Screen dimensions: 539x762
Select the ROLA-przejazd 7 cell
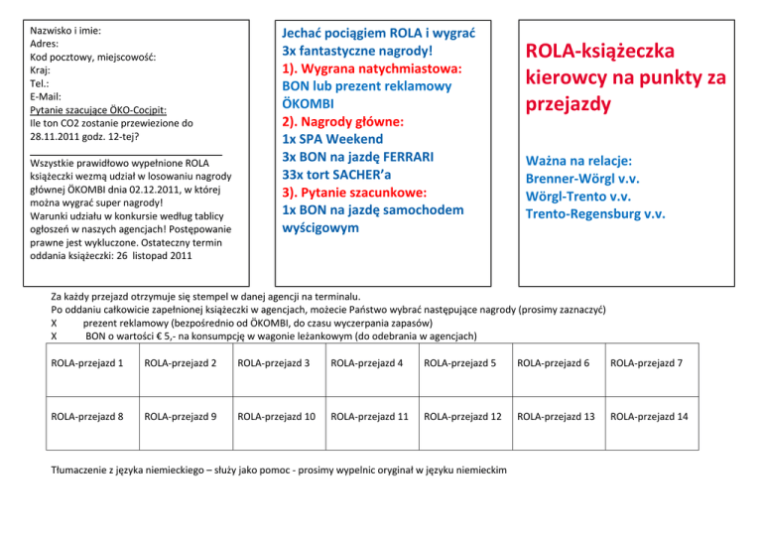point(648,364)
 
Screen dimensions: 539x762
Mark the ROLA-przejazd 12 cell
point(463,417)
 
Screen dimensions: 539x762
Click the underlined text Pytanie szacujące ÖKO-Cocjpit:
point(98,110)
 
